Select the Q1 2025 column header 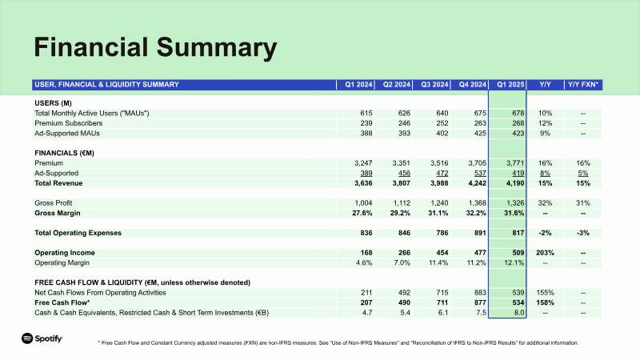coord(510,84)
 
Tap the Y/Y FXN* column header coord(583,84)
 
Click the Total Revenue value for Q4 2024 coord(471,183)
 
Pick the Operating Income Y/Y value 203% coord(545,253)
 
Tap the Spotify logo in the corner coord(42,339)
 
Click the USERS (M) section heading coord(52,103)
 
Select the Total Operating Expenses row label coord(89,233)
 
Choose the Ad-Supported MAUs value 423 coord(516,134)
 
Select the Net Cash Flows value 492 coord(402,292)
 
